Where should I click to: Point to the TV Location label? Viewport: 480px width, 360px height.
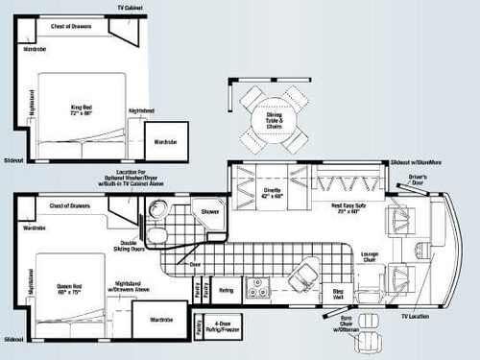[415, 315]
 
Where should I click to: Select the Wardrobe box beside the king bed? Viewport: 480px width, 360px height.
[165, 129]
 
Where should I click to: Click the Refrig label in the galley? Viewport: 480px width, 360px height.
[226, 289]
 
